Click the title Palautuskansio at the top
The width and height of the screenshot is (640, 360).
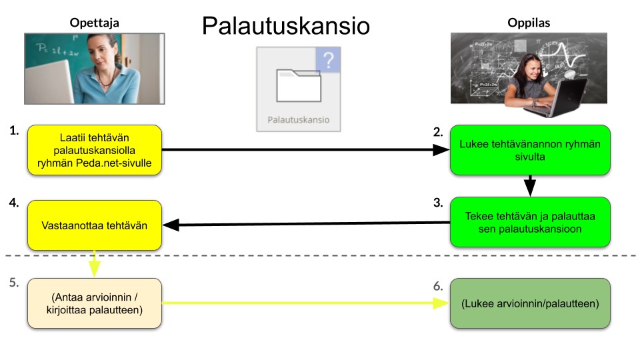click(285, 26)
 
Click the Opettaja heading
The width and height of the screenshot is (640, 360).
click(94, 22)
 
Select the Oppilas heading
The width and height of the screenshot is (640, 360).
click(529, 22)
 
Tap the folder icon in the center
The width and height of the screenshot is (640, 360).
click(299, 86)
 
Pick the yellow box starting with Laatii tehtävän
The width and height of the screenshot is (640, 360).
click(94, 149)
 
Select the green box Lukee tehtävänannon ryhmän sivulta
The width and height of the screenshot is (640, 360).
click(530, 150)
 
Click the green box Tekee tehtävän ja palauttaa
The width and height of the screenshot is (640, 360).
click(530, 221)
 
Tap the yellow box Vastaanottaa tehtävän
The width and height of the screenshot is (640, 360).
click(94, 225)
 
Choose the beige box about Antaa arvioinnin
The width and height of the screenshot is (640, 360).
click(94, 303)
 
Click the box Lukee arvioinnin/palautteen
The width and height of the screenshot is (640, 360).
click(530, 303)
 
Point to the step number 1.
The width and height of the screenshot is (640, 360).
click(14, 131)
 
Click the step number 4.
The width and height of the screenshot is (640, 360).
click(14, 205)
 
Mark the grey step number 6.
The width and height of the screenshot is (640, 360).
click(438, 285)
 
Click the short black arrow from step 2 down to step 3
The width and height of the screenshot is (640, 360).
click(530, 185)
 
